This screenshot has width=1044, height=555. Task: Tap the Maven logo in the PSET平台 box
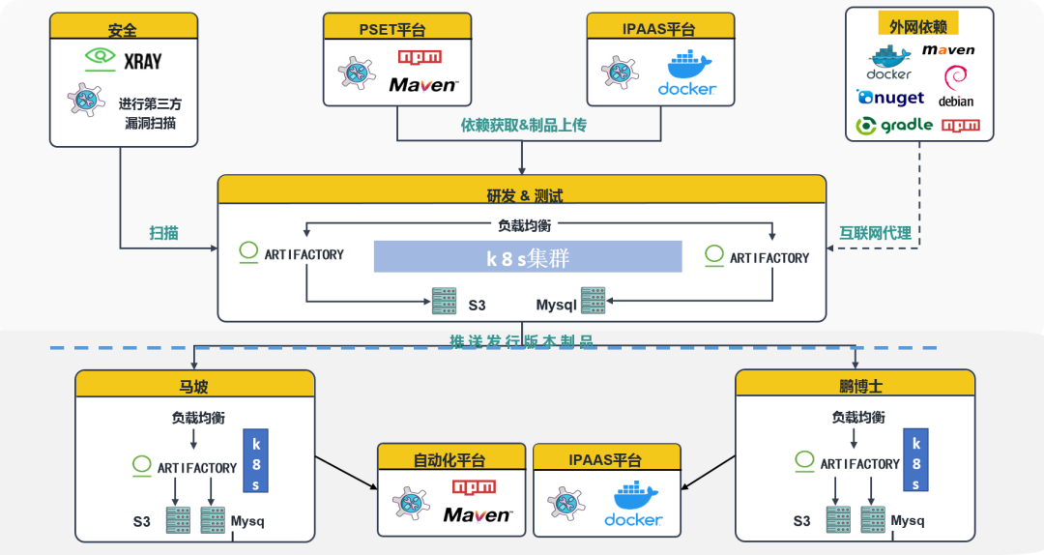point(422,85)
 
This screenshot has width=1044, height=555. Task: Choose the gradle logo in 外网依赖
point(895,125)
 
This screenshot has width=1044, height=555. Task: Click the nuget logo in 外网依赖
point(890,98)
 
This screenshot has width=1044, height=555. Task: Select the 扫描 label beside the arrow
point(163,233)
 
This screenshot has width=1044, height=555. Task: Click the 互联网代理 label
point(874,233)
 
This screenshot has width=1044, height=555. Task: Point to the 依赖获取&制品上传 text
point(523,125)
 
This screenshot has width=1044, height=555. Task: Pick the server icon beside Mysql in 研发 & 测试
point(593,301)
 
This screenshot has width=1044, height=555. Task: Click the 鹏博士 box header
point(856,385)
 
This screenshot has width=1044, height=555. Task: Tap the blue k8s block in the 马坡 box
point(256,459)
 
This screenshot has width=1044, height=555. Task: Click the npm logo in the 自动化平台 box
point(474,486)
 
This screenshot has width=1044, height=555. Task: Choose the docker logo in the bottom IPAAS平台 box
point(633,506)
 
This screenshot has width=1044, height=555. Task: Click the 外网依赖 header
point(918,23)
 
